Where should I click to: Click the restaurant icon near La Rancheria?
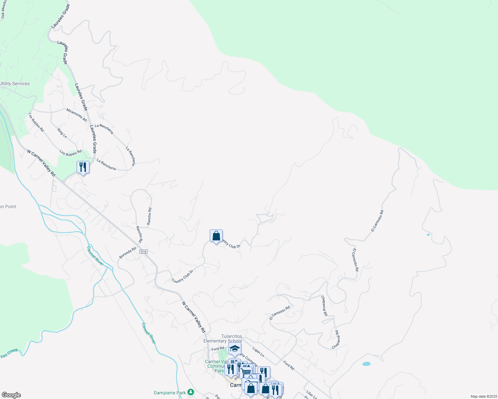(x=83, y=167)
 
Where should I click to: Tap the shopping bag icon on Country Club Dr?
(x=216, y=236)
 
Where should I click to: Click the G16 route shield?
(x=143, y=252)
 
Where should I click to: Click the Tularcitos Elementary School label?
(x=223, y=338)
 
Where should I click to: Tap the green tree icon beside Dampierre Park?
(x=191, y=392)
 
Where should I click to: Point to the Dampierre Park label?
(x=170, y=393)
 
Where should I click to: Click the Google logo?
(x=11, y=395)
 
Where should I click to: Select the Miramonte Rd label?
(x=77, y=115)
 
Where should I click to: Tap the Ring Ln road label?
(x=62, y=133)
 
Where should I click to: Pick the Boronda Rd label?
(x=128, y=253)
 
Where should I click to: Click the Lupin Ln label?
(x=258, y=352)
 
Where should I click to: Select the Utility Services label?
(x=15, y=84)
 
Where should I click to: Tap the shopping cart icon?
(x=246, y=372)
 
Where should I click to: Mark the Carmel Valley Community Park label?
(x=216, y=366)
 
